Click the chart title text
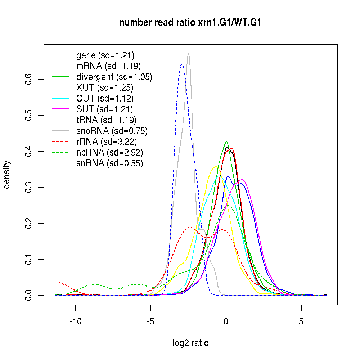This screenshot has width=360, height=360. pyautogui.click(x=190, y=23)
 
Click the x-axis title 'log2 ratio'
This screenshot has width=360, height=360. pyautogui.click(x=190, y=343)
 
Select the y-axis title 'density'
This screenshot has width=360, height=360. pyautogui.click(x=7, y=175)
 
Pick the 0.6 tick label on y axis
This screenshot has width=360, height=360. pyautogui.click(x=30, y=79)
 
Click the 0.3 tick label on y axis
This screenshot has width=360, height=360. pyautogui.click(x=30, y=187)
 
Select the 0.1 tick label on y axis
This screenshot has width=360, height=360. pyautogui.click(x=30, y=259)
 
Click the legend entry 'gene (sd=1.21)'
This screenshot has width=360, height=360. pyautogui.click(x=105, y=55)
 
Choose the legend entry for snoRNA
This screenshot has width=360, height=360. pyautogui.click(x=112, y=131)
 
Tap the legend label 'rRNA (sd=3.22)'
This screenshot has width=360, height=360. pyautogui.click(x=107, y=142)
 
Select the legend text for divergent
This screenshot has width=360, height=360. pyautogui.click(x=114, y=77)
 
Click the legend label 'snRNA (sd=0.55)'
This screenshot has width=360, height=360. pyautogui.click(x=109, y=163)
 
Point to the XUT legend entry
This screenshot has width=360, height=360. pyautogui.click(x=104, y=88)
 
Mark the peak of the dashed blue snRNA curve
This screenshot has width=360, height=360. pyautogui.click(x=182, y=64)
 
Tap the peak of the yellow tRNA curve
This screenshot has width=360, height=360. pyautogui.click(x=216, y=166)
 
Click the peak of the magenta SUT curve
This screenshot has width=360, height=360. pyautogui.click(x=242, y=179)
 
